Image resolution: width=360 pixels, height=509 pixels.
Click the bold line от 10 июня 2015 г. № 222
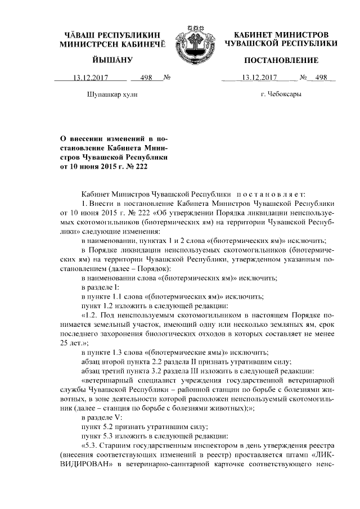[x=106, y=166]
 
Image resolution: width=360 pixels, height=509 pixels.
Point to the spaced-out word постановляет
[x=273, y=192]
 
